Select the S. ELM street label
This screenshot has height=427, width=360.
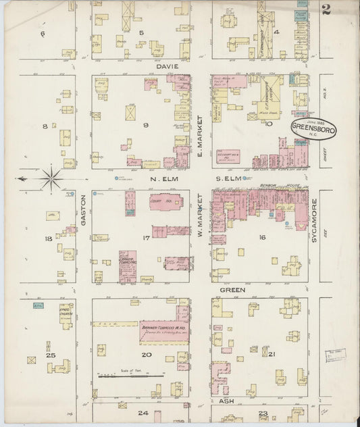click(x=230, y=178)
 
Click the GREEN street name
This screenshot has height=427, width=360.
click(x=231, y=289)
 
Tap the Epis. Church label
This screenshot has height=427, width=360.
click(x=65, y=314)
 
